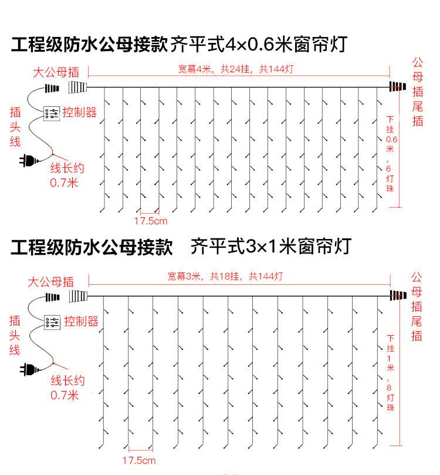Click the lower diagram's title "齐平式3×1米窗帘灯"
[x=270, y=246]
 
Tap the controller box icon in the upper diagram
[x=50, y=113]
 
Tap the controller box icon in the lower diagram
[x=52, y=322]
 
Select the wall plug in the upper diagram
[x=27, y=159]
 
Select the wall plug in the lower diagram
[x=27, y=369]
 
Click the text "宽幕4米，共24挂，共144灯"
[x=236, y=69]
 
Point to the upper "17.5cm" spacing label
[x=151, y=221]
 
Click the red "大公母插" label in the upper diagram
[x=56, y=73]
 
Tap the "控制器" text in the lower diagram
[x=81, y=321]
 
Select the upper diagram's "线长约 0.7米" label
[x=66, y=175]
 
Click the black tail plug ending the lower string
[x=398, y=295]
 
